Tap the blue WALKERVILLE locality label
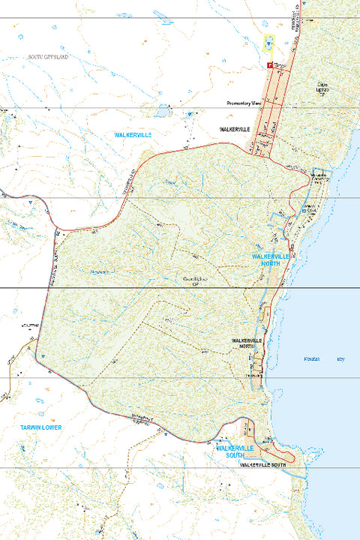tap(133, 134)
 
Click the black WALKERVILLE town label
tap(233, 129)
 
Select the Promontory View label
tap(244, 103)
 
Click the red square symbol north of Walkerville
tap(269, 65)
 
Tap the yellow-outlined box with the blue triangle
tap(268, 44)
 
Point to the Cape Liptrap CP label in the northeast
tap(322, 89)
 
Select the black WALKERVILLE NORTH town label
tap(247, 343)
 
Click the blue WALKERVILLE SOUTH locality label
tap(237, 451)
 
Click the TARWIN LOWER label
tap(42, 427)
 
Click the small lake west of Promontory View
tap(161, 112)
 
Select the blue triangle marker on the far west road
tap(29, 202)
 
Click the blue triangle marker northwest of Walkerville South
tap(161, 433)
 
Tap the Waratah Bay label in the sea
tap(327, 358)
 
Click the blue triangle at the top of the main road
tap(268, 44)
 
